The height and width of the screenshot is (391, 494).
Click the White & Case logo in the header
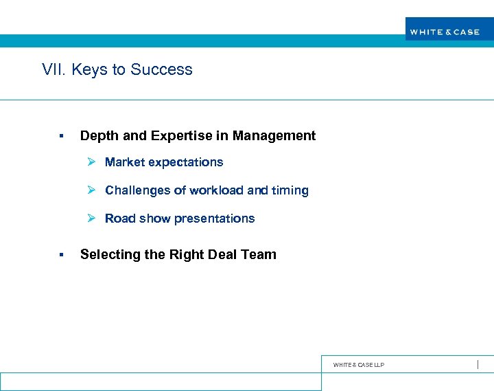click(x=445, y=32)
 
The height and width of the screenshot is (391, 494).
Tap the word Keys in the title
click(x=85, y=69)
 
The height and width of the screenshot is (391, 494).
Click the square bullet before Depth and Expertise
click(x=61, y=136)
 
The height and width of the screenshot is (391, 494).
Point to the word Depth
click(x=97, y=136)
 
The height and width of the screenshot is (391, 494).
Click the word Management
click(x=274, y=136)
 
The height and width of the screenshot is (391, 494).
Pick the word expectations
click(x=187, y=162)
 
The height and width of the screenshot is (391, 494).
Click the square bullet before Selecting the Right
click(x=61, y=255)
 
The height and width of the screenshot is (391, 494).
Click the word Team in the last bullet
click(x=260, y=255)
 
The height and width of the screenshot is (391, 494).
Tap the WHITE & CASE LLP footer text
click(x=359, y=365)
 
